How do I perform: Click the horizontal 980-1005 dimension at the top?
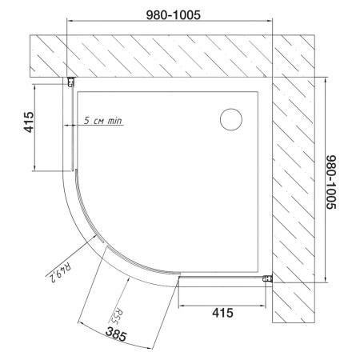(174, 15)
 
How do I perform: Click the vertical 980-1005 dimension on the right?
(331, 182)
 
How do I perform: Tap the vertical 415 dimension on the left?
(29, 122)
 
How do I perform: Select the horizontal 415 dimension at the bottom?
(222, 313)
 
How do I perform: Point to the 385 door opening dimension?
(116, 334)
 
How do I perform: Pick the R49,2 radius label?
(59, 273)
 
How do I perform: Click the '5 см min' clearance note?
(103, 120)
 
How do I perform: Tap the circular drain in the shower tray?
(231, 119)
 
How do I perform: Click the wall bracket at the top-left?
(71, 82)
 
